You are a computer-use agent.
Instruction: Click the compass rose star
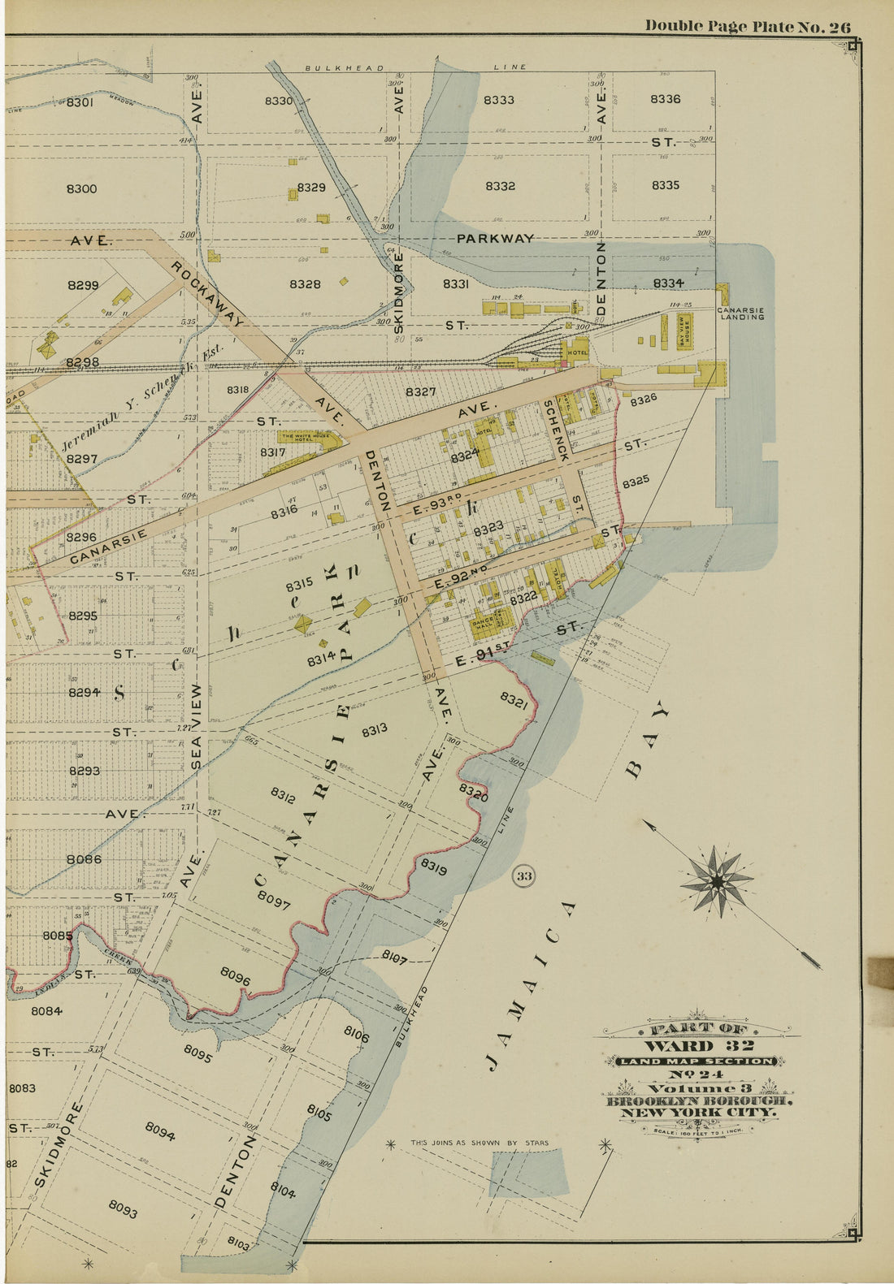(x=718, y=880)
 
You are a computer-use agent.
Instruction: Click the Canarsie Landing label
(x=740, y=313)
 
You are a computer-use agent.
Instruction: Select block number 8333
(x=498, y=100)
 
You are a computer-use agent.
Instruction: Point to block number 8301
(x=80, y=102)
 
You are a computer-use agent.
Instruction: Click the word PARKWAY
(x=495, y=238)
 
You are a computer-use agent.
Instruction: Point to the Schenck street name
(x=558, y=430)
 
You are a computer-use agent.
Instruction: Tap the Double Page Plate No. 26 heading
(x=748, y=26)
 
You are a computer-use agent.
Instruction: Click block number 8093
(x=122, y=1209)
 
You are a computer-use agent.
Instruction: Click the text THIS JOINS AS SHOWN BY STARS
(x=479, y=1143)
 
